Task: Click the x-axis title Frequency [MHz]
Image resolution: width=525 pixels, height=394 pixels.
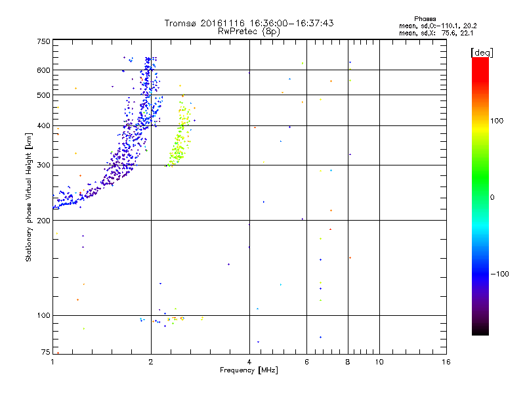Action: pos(248,371)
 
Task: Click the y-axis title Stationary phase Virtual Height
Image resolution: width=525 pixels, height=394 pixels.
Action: pos(29,197)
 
